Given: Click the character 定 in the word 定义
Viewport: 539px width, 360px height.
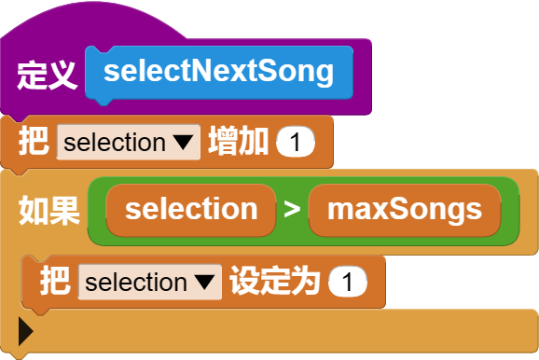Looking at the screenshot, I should [x=32, y=74].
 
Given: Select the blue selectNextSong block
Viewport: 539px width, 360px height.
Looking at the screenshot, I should [x=218, y=72].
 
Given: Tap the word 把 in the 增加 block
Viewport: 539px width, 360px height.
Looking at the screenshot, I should [x=34, y=143].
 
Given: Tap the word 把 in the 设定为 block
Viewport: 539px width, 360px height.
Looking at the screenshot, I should [x=55, y=282].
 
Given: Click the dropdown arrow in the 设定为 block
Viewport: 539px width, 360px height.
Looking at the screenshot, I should [x=204, y=282].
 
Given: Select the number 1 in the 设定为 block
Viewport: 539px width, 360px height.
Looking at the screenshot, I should [x=347, y=282].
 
